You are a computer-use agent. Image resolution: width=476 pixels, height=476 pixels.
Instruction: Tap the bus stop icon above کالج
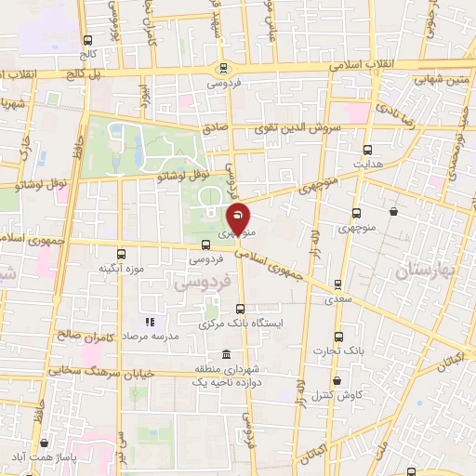tap(87, 41)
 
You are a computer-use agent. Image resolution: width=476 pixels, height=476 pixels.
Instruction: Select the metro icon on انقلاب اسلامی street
tap(223, 68)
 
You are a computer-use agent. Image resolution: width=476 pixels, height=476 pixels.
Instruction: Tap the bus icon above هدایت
tap(368, 150)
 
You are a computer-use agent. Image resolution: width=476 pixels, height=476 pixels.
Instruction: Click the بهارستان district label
tap(428, 271)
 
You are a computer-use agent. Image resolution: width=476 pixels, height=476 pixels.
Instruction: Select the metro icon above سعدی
tap(337, 284)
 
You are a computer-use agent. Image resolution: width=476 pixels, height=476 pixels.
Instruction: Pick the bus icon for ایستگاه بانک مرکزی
tap(241, 310)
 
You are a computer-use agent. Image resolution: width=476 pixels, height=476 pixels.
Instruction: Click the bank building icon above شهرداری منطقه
tap(228, 354)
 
